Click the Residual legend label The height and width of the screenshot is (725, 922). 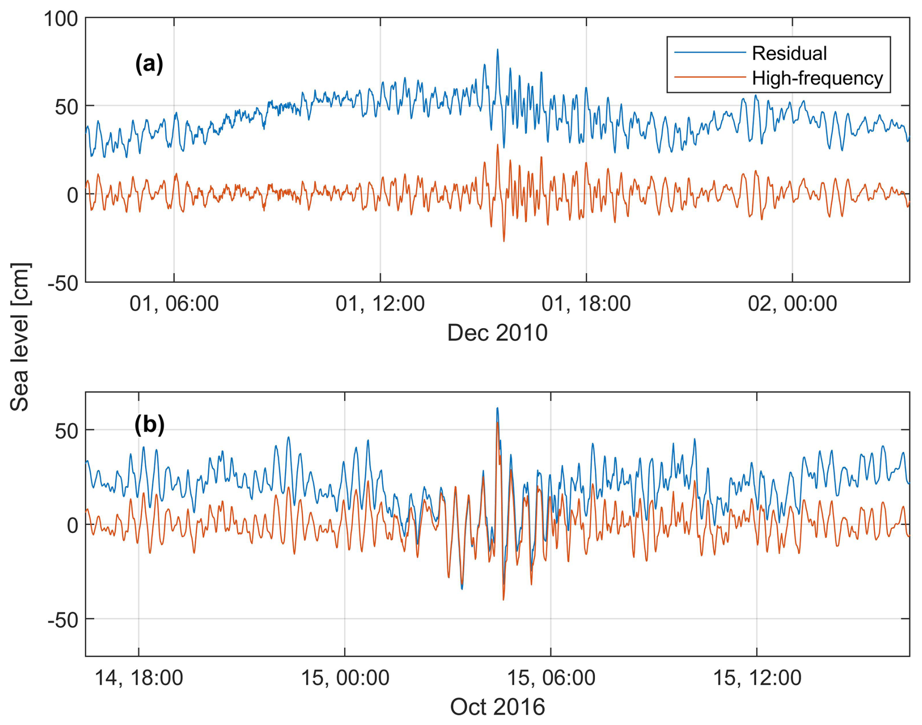click(x=789, y=53)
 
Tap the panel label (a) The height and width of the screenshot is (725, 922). click(x=149, y=64)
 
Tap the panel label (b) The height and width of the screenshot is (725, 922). click(x=149, y=424)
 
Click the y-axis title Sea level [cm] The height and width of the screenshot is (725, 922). click(x=20, y=336)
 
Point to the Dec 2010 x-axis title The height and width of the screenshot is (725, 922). click(x=497, y=333)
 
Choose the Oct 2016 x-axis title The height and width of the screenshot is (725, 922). click(x=497, y=707)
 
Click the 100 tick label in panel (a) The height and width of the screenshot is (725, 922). click(x=61, y=19)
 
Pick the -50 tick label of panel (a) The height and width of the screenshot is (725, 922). click(x=63, y=283)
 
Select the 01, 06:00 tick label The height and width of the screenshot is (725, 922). click(x=174, y=304)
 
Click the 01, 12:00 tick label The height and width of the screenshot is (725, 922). click(x=380, y=304)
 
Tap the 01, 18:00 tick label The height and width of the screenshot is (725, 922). click(x=586, y=304)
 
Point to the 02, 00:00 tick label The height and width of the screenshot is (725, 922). click(x=792, y=304)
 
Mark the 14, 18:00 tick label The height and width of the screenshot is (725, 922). click(x=138, y=678)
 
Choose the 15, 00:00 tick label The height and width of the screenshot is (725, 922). click(x=345, y=678)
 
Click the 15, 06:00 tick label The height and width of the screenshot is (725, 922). click(x=551, y=678)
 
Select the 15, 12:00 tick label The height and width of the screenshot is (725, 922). click(x=757, y=678)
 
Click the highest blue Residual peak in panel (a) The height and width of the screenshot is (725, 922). click(x=498, y=49)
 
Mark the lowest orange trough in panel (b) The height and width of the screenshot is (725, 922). click(x=503, y=599)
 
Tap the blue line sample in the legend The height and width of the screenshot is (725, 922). click(x=710, y=53)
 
